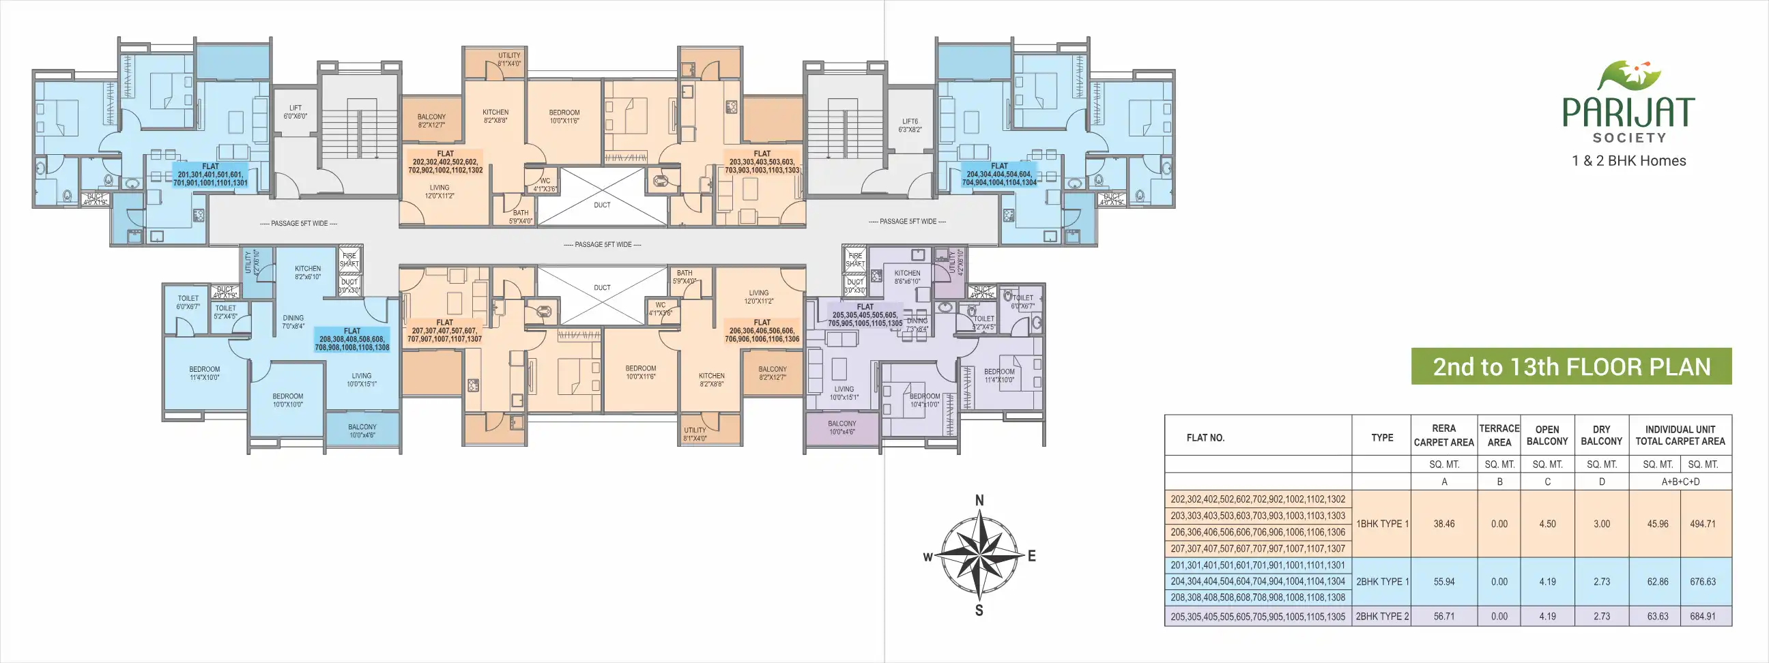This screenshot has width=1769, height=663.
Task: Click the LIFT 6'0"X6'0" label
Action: coord(296,112)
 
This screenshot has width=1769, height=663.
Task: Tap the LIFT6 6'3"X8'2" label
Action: coord(910,126)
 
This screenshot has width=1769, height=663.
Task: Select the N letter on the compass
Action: coord(979,501)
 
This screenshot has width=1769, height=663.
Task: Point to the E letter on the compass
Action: coord(1031,557)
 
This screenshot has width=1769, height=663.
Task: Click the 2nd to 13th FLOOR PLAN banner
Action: coord(1571,366)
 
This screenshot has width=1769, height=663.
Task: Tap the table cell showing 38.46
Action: coord(1443,524)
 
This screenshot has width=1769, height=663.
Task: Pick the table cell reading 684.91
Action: coord(1702,617)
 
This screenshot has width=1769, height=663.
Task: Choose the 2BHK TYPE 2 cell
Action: coord(1381,617)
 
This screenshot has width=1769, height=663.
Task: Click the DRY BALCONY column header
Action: coord(1600,435)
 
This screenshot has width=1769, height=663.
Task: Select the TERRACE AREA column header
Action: coord(1499,435)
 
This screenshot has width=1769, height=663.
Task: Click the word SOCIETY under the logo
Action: coord(1629,138)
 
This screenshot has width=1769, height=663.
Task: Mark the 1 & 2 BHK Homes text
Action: coord(1629,160)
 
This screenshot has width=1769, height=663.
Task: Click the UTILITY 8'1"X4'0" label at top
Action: coord(509,59)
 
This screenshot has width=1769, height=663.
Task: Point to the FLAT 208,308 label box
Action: coord(352,339)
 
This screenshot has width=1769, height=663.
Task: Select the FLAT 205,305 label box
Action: coord(865,315)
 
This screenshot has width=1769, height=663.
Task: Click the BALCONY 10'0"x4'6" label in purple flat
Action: coord(842,428)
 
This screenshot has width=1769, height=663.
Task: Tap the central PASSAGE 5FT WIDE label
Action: coord(602,244)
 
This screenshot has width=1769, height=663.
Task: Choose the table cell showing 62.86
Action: coord(1657,581)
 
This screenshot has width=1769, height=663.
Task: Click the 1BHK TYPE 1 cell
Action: coord(1381,524)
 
